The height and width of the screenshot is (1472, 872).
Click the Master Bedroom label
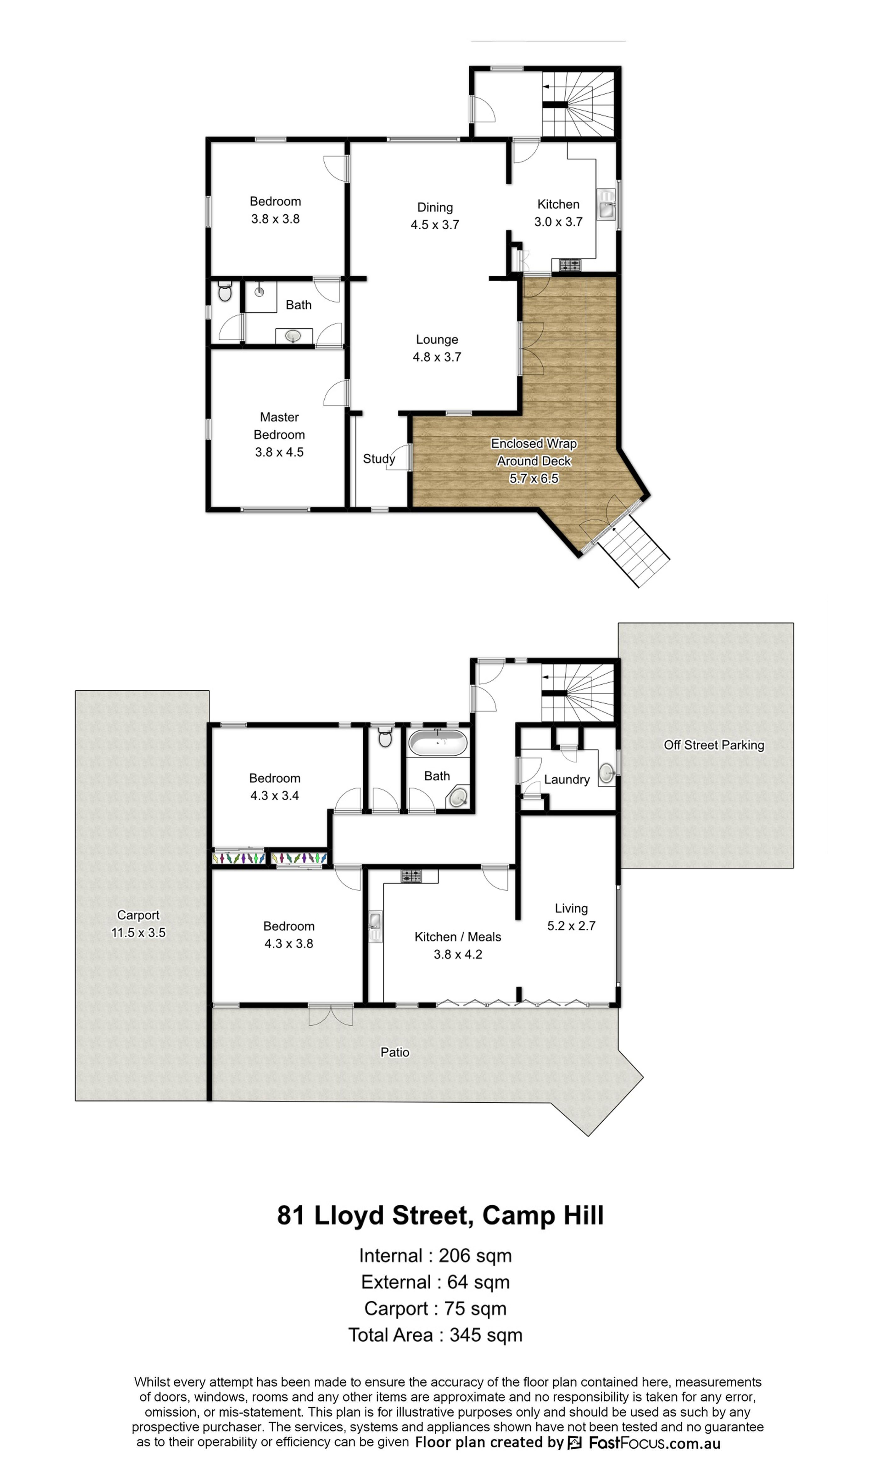pos(279,426)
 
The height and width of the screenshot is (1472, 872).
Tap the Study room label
pos(379,459)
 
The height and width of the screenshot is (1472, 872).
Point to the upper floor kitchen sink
pos(606,204)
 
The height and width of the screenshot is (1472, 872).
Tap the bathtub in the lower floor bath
pos(438,743)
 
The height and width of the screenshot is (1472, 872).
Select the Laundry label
pos(567,779)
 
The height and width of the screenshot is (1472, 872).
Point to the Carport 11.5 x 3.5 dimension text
pos(138,932)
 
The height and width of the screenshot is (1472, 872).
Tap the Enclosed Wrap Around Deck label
pos(534,452)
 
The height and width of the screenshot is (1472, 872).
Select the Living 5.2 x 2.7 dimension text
pos(571,926)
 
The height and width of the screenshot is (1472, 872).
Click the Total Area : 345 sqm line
pos(435,1335)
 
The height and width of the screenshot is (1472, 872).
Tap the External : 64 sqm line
pos(435,1282)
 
